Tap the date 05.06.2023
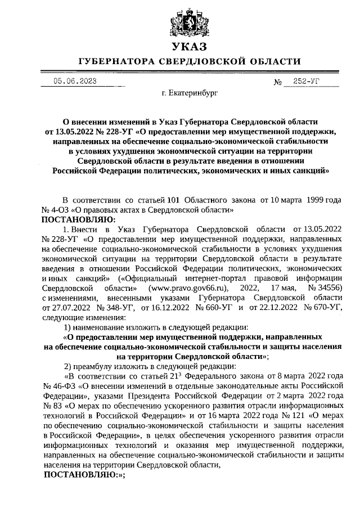75,81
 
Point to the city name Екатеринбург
189,92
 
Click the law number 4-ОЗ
57,209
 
